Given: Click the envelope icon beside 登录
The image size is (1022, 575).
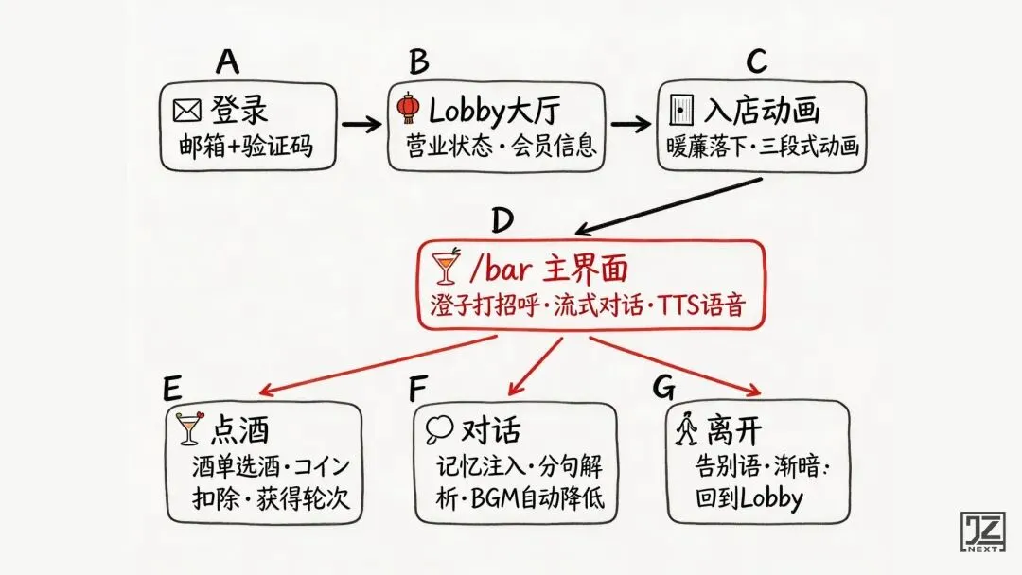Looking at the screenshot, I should point(186,112).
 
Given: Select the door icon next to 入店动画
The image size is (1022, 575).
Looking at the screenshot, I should point(681,112).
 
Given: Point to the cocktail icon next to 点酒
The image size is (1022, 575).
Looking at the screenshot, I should point(189,429).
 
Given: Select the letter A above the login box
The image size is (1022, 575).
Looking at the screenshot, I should point(227,61).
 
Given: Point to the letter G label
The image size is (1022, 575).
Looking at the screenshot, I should point(664,388).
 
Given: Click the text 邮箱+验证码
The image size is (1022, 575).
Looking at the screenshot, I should point(245,147).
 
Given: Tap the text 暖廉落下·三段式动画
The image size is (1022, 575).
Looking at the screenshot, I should point(762,147).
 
